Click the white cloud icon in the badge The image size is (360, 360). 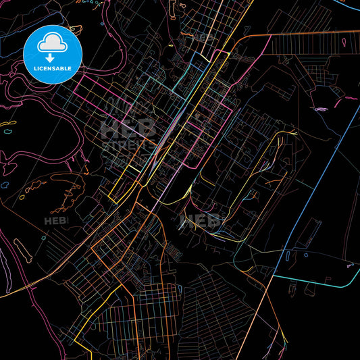(52, 43)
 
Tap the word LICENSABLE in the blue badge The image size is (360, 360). (53, 68)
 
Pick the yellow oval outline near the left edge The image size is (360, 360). (8, 124)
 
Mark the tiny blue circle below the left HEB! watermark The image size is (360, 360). (43, 238)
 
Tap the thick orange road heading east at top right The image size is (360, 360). (304, 34)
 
